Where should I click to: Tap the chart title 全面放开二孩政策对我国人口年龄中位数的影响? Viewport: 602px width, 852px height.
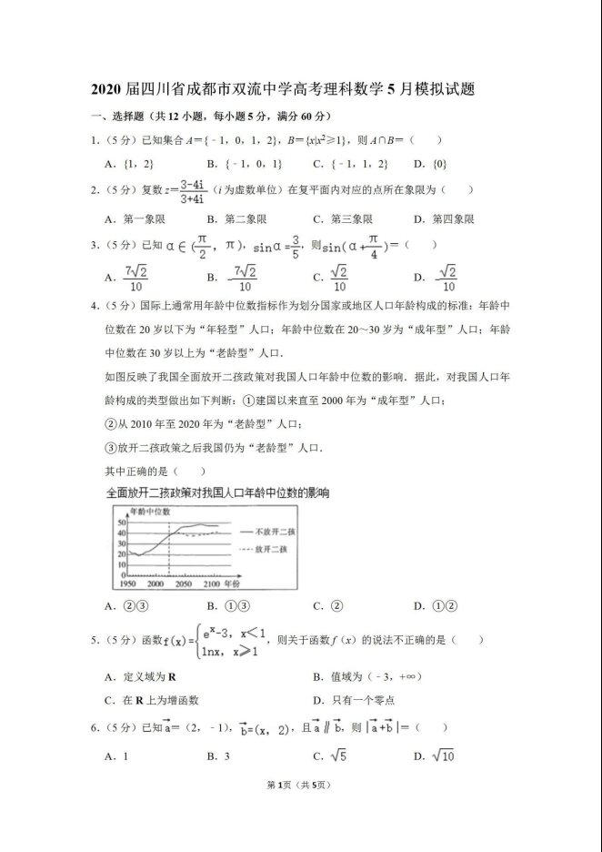point(217,492)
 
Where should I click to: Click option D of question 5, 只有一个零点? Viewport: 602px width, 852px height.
point(359,701)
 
